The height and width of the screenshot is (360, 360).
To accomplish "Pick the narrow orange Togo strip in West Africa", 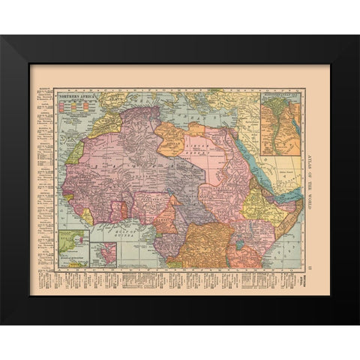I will pos(127,213).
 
